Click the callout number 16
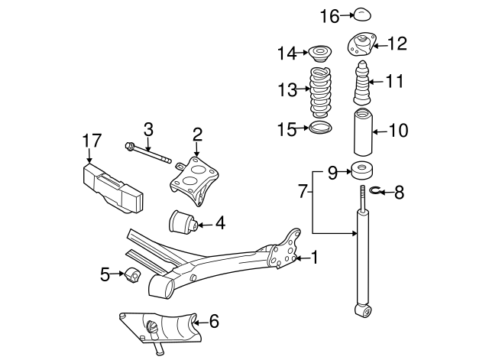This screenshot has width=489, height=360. [329, 15]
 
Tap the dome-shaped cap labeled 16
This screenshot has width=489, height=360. [361, 14]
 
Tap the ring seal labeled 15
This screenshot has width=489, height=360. [322, 128]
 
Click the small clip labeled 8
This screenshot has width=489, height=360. [377, 191]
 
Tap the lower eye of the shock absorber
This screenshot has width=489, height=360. [363, 310]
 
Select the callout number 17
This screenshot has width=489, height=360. [92, 141]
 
